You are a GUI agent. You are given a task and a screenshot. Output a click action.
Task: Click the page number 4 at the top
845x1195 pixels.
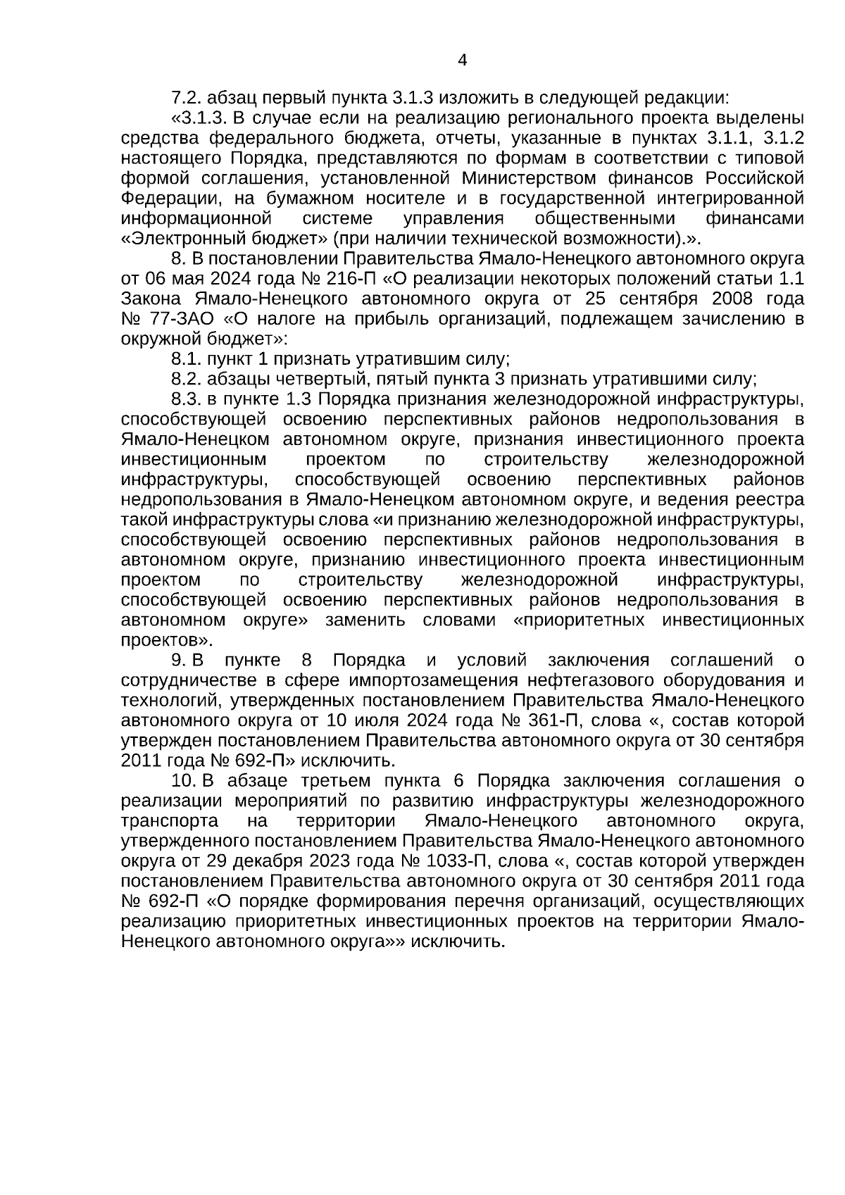pyautogui.click(x=462, y=60)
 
